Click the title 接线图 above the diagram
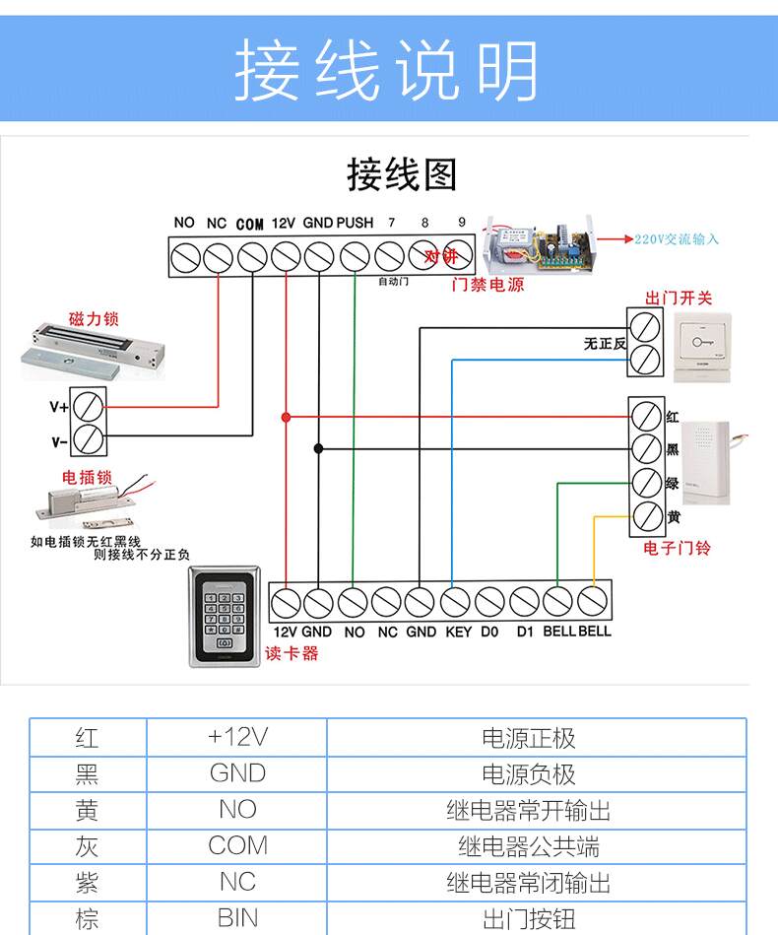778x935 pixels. (x=402, y=174)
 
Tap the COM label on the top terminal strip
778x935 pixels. (x=250, y=224)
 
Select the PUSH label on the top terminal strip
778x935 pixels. (x=355, y=223)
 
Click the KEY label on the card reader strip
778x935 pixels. (x=458, y=632)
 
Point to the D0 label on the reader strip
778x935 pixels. (x=490, y=632)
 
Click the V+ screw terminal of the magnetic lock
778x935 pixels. (x=89, y=405)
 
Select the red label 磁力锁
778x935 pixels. (x=94, y=319)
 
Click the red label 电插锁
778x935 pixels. (x=88, y=478)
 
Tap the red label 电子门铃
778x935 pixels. (x=677, y=549)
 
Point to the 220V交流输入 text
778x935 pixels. (x=677, y=238)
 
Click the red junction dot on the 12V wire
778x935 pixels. (x=286, y=417)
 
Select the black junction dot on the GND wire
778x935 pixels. (x=318, y=448)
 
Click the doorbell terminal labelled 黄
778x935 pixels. (x=646, y=515)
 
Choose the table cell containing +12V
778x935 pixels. (x=237, y=737)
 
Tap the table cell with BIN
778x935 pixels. (x=237, y=919)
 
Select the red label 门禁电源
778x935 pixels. (x=487, y=286)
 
